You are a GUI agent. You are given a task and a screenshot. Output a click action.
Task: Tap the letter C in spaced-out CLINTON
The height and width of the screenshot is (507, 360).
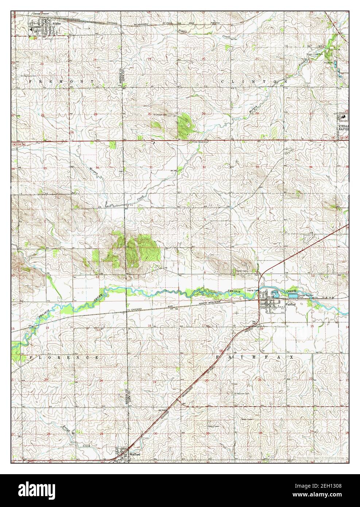click(223, 82)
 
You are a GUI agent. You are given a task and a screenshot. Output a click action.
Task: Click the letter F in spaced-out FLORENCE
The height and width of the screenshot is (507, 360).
click(31, 358)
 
